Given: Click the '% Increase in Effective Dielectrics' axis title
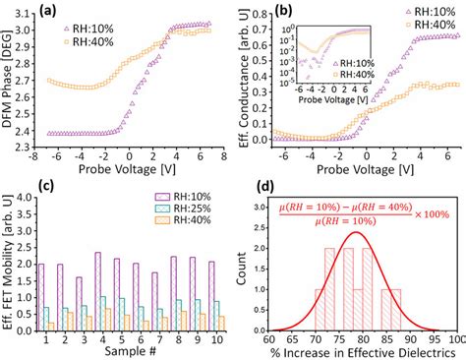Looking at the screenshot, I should (x=358, y=351).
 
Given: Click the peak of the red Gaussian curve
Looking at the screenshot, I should (x=358, y=232).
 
